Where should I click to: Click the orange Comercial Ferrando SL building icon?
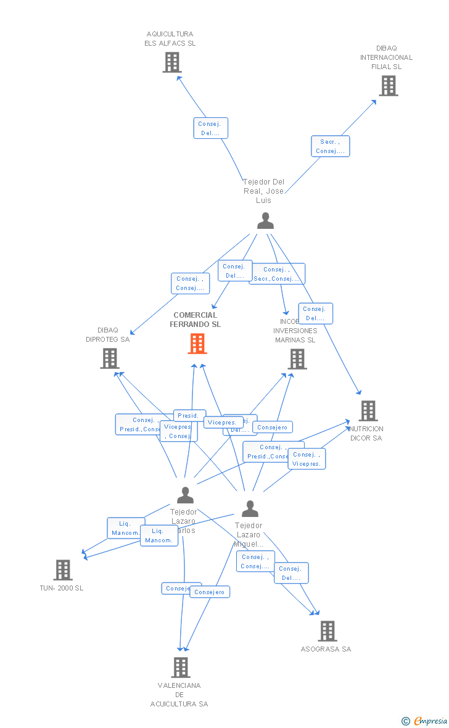click(x=197, y=344)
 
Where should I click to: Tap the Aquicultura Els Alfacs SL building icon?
click(x=172, y=62)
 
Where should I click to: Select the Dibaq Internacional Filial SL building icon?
click(x=388, y=86)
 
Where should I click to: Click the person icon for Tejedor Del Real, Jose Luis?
click(x=265, y=220)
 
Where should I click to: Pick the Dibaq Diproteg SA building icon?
click(x=109, y=358)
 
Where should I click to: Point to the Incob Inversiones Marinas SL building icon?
click(x=297, y=358)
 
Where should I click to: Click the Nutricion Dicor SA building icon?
click(x=368, y=410)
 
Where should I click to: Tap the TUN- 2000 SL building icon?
click(x=63, y=570)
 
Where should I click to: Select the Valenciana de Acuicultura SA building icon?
click(x=180, y=667)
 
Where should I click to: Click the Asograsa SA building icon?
click(x=327, y=631)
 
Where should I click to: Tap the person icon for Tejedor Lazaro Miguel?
click(x=250, y=508)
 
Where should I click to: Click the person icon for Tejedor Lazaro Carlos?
click(x=185, y=495)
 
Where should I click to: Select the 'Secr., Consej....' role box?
click(x=330, y=146)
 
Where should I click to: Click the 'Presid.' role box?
click(x=189, y=416)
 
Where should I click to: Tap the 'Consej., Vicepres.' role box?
click(x=307, y=459)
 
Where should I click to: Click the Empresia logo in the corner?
click(x=424, y=721)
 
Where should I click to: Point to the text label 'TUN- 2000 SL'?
click(x=61, y=588)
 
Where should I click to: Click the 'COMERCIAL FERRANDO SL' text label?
click(x=195, y=320)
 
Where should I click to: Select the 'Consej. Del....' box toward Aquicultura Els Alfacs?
click(x=210, y=128)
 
